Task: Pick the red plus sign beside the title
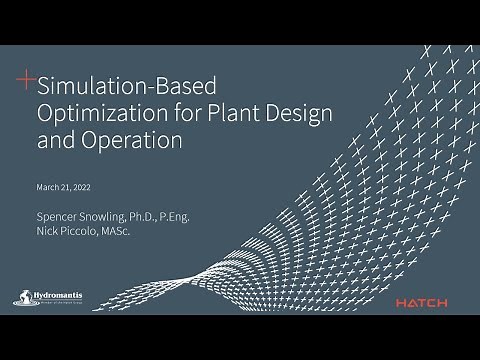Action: (x=26, y=76)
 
